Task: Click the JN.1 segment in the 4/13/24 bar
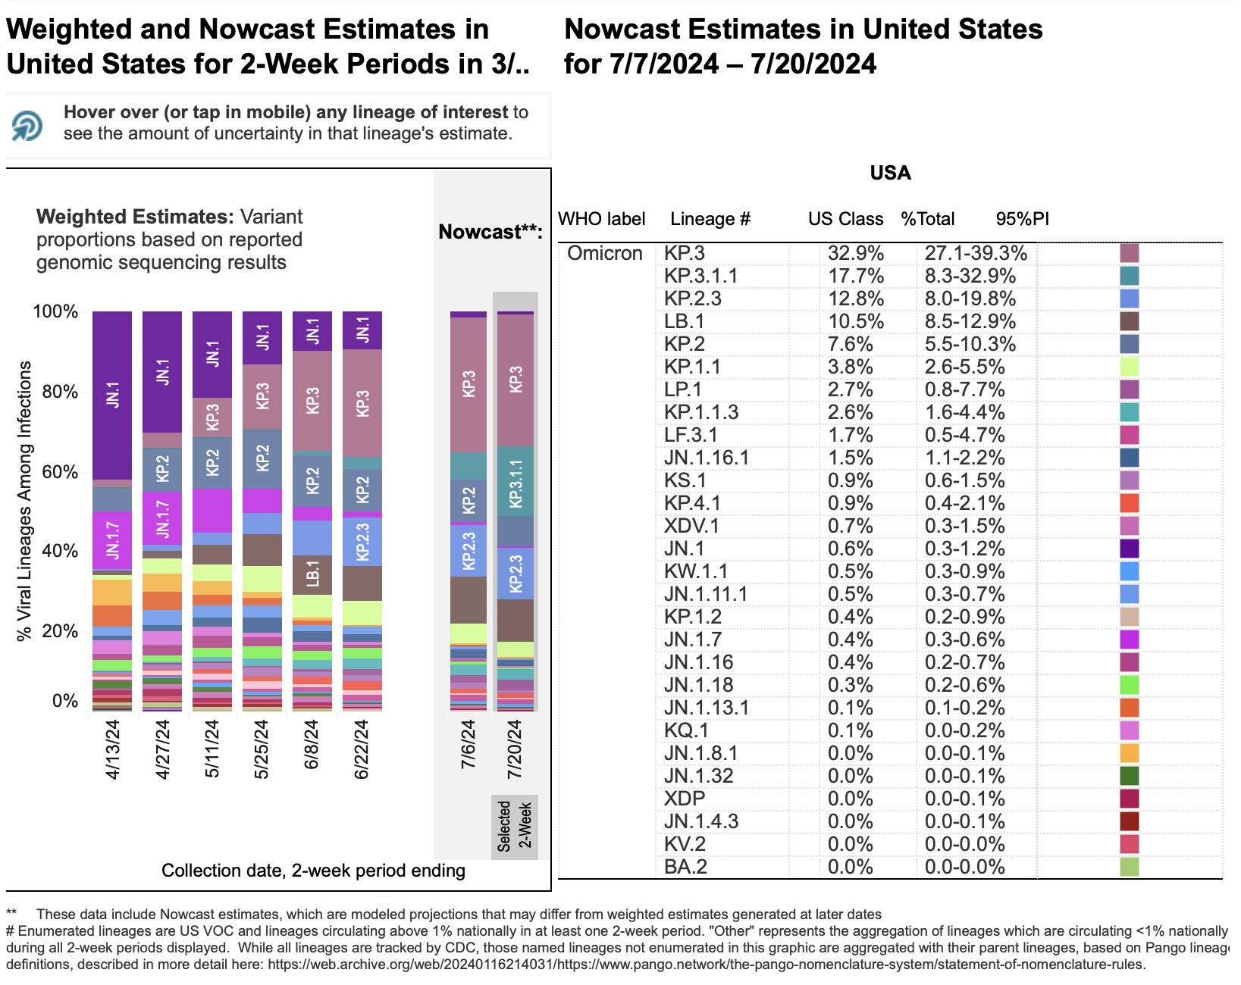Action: click(x=112, y=395)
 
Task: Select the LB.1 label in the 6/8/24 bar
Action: click(x=312, y=574)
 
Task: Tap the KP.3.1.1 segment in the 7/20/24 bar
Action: click(x=516, y=483)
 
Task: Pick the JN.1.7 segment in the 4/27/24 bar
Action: click(x=162, y=519)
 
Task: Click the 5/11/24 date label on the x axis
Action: click(x=212, y=749)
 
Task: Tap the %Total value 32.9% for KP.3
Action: click(x=855, y=253)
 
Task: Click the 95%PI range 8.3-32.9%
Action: click(x=970, y=276)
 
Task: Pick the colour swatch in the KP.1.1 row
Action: click(x=1129, y=367)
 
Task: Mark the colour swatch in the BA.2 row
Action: click(x=1129, y=867)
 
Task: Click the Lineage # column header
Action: click(x=710, y=220)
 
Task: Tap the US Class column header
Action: click(x=845, y=220)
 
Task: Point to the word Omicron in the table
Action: click(x=604, y=253)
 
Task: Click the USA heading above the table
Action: click(x=890, y=174)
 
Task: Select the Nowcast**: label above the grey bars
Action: click(x=490, y=232)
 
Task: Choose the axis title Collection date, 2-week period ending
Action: click(x=313, y=871)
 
